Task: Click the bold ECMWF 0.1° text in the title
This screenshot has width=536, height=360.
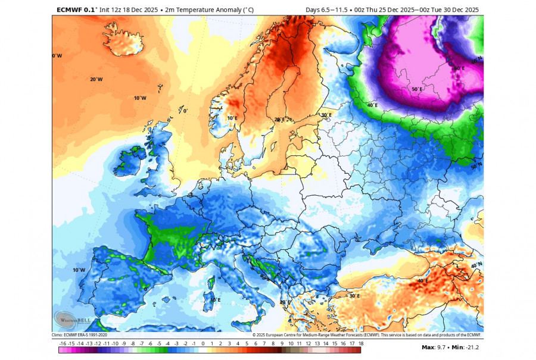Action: click(x=76, y=10)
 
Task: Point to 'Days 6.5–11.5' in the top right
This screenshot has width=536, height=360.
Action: click(x=327, y=10)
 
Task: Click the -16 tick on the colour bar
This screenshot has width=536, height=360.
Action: click(x=63, y=343)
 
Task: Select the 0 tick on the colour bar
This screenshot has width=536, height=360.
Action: click(x=203, y=343)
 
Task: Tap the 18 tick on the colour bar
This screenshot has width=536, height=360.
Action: click(x=361, y=343)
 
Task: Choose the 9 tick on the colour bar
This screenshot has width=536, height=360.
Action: click(x=282, y=343)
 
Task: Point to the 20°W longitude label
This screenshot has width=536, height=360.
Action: click(x=96, y=79)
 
